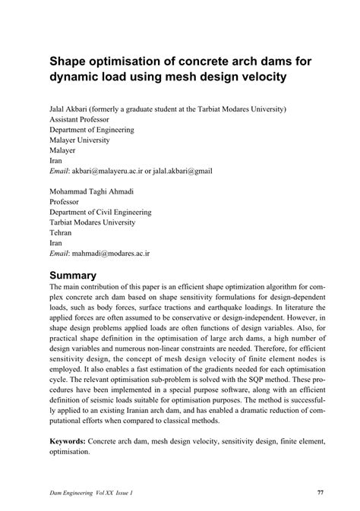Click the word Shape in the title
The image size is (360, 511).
[x=70, y=61]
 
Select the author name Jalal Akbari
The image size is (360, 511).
[x=74, y=109]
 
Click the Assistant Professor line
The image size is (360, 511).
[x=79, y=119]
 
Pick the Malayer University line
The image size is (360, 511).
[x=80, y=140]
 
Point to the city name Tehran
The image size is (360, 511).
[x=62, y=233]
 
